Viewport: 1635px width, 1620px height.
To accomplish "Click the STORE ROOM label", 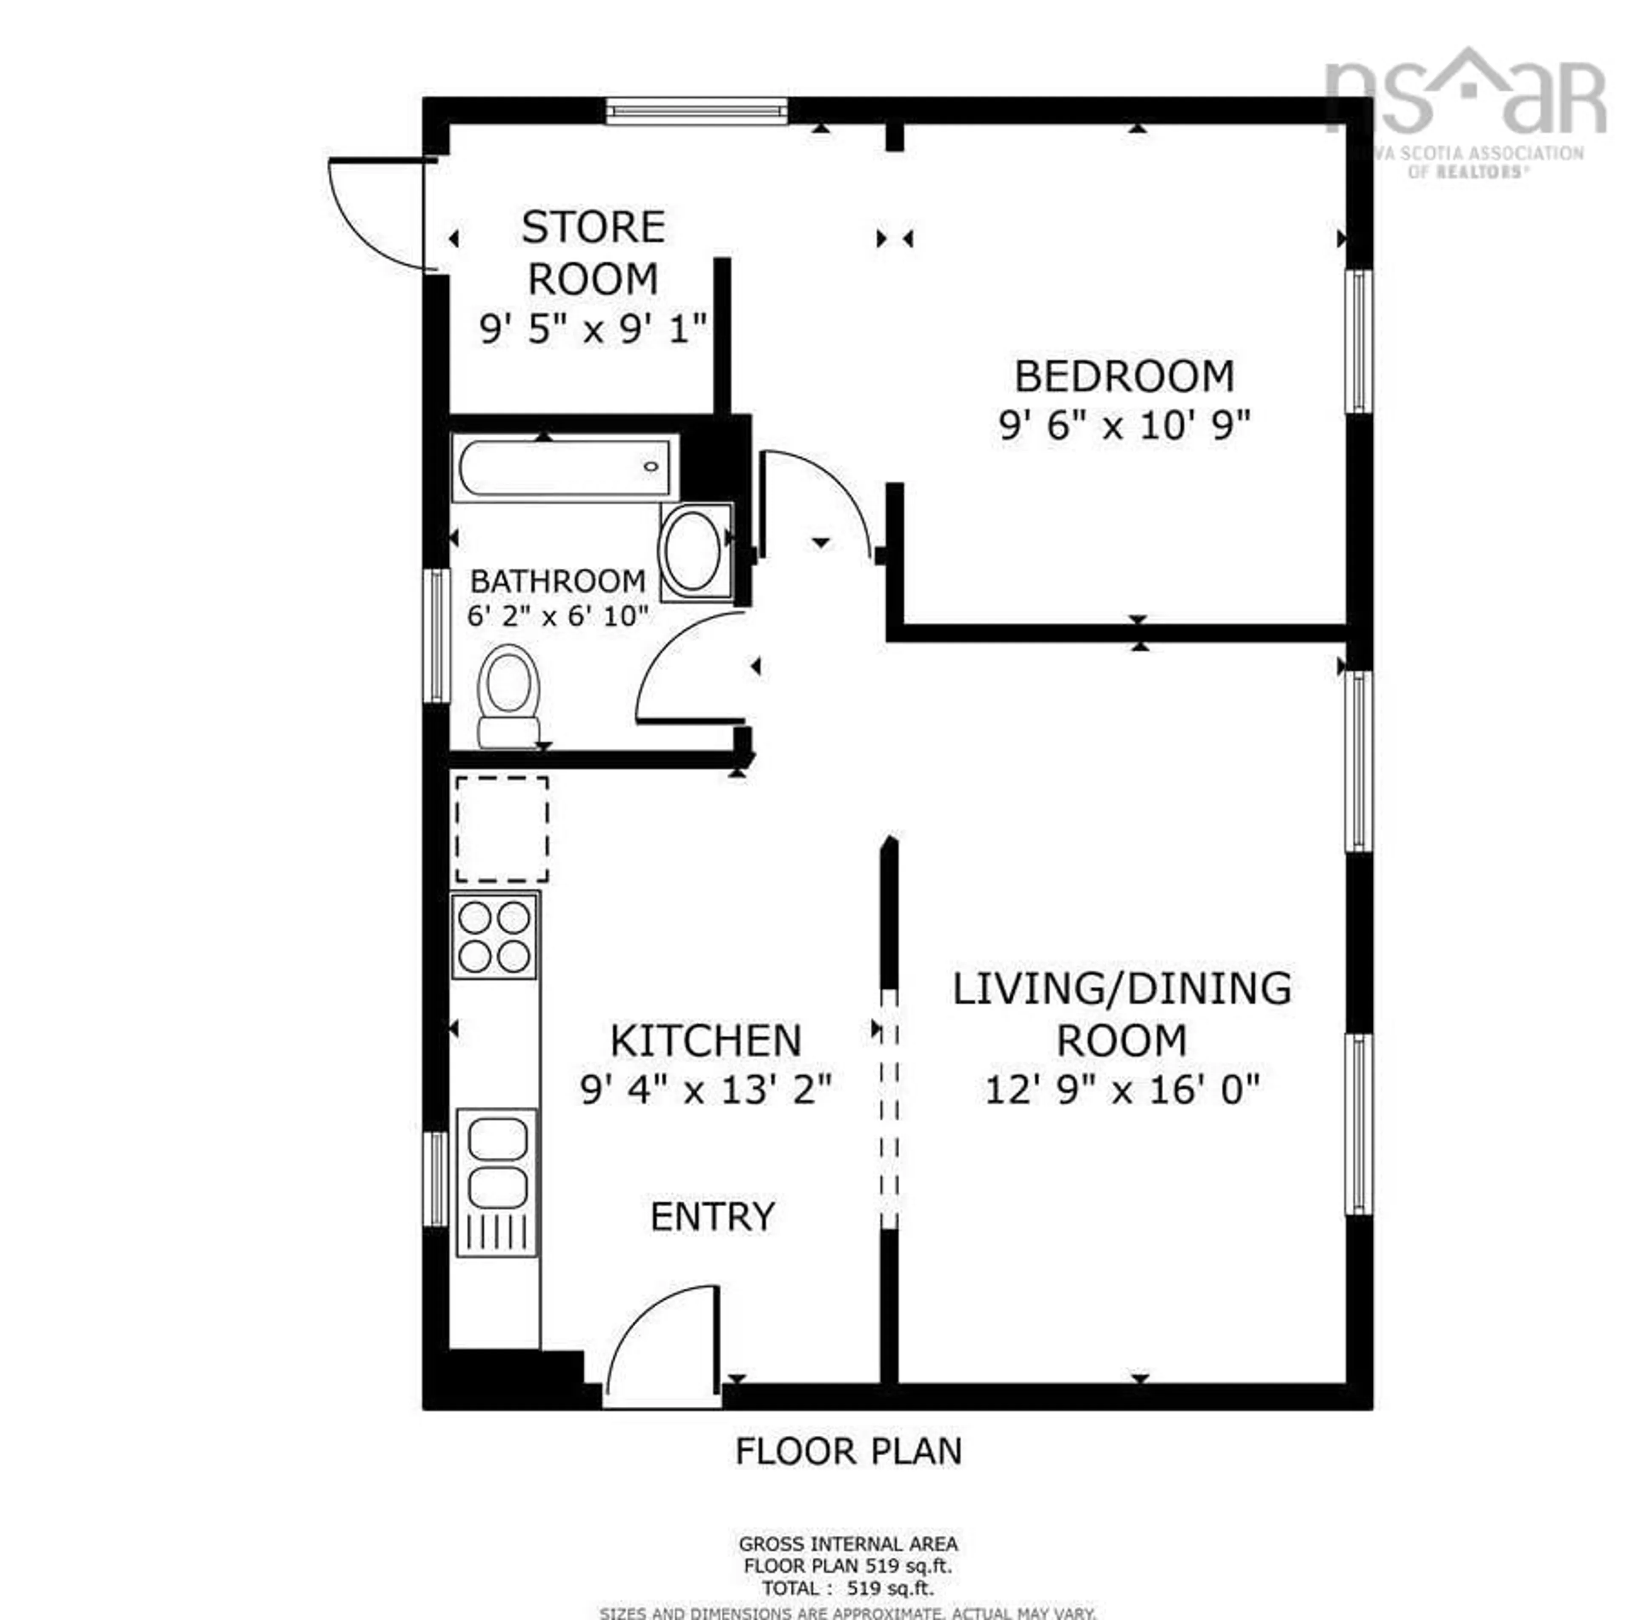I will (592, 252).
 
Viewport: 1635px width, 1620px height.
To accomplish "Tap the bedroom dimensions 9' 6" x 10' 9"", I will (1124, 426).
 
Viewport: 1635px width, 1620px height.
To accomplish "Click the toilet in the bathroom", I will (509, 696).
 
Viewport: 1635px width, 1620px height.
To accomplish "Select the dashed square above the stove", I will (502, 830).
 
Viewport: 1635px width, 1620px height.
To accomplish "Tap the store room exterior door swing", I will (373, 216).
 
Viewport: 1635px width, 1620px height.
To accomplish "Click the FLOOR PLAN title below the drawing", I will (848, 1451).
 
